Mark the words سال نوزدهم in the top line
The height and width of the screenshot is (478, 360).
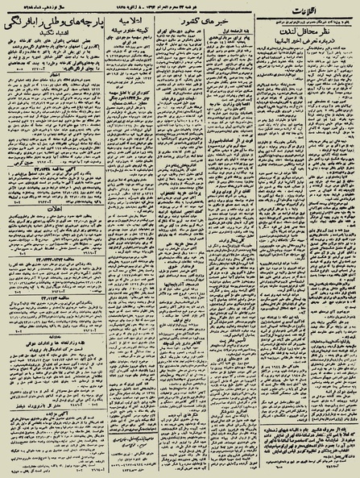pyautogui.click(x=60, y=6)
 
